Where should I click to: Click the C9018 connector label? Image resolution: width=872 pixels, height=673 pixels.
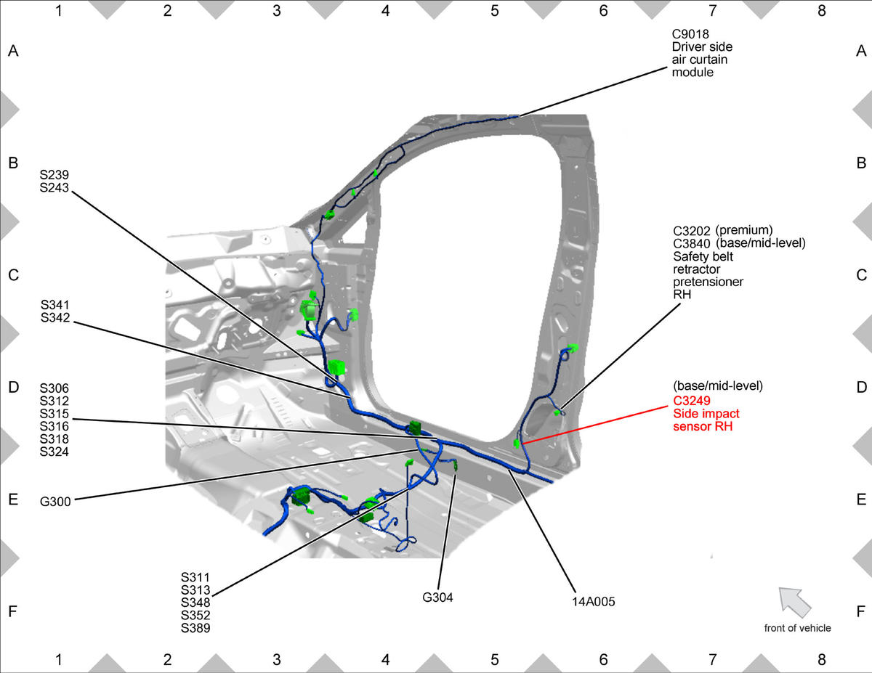click(690, 34)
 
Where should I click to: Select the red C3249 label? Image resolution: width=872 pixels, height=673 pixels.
click(692, 401)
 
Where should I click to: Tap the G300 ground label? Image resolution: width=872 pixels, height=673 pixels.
click(55, 502)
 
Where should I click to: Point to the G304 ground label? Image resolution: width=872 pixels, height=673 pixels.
click(437, 597)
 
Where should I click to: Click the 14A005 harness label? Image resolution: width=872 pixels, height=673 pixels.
click(593, 602)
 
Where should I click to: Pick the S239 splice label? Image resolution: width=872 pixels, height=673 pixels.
click(54, 175)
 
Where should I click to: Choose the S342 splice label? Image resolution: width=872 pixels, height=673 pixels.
click(55, 317)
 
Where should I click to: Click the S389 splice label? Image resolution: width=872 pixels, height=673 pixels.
click(195, 628)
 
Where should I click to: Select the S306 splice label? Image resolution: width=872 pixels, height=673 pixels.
click(54, 388)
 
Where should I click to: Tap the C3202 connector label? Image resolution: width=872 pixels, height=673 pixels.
click(691, 231)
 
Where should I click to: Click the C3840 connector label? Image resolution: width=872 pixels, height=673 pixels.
click(691, 243)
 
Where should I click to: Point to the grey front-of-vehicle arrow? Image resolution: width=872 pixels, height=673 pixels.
click(794, 602)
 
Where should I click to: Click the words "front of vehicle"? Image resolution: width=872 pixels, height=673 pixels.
click(797, 628)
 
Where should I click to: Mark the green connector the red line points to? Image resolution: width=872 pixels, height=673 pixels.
click(517, 444)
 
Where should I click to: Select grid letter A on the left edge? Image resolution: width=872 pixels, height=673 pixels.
click(13, 51)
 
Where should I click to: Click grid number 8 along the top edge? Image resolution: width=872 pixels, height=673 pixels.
click(821, 11)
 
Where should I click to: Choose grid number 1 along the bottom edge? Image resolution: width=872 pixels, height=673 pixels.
click(59, 659)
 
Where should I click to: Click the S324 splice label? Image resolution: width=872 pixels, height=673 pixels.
click(54, 452)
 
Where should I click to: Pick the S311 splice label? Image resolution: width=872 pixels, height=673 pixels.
click(195, 577)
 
